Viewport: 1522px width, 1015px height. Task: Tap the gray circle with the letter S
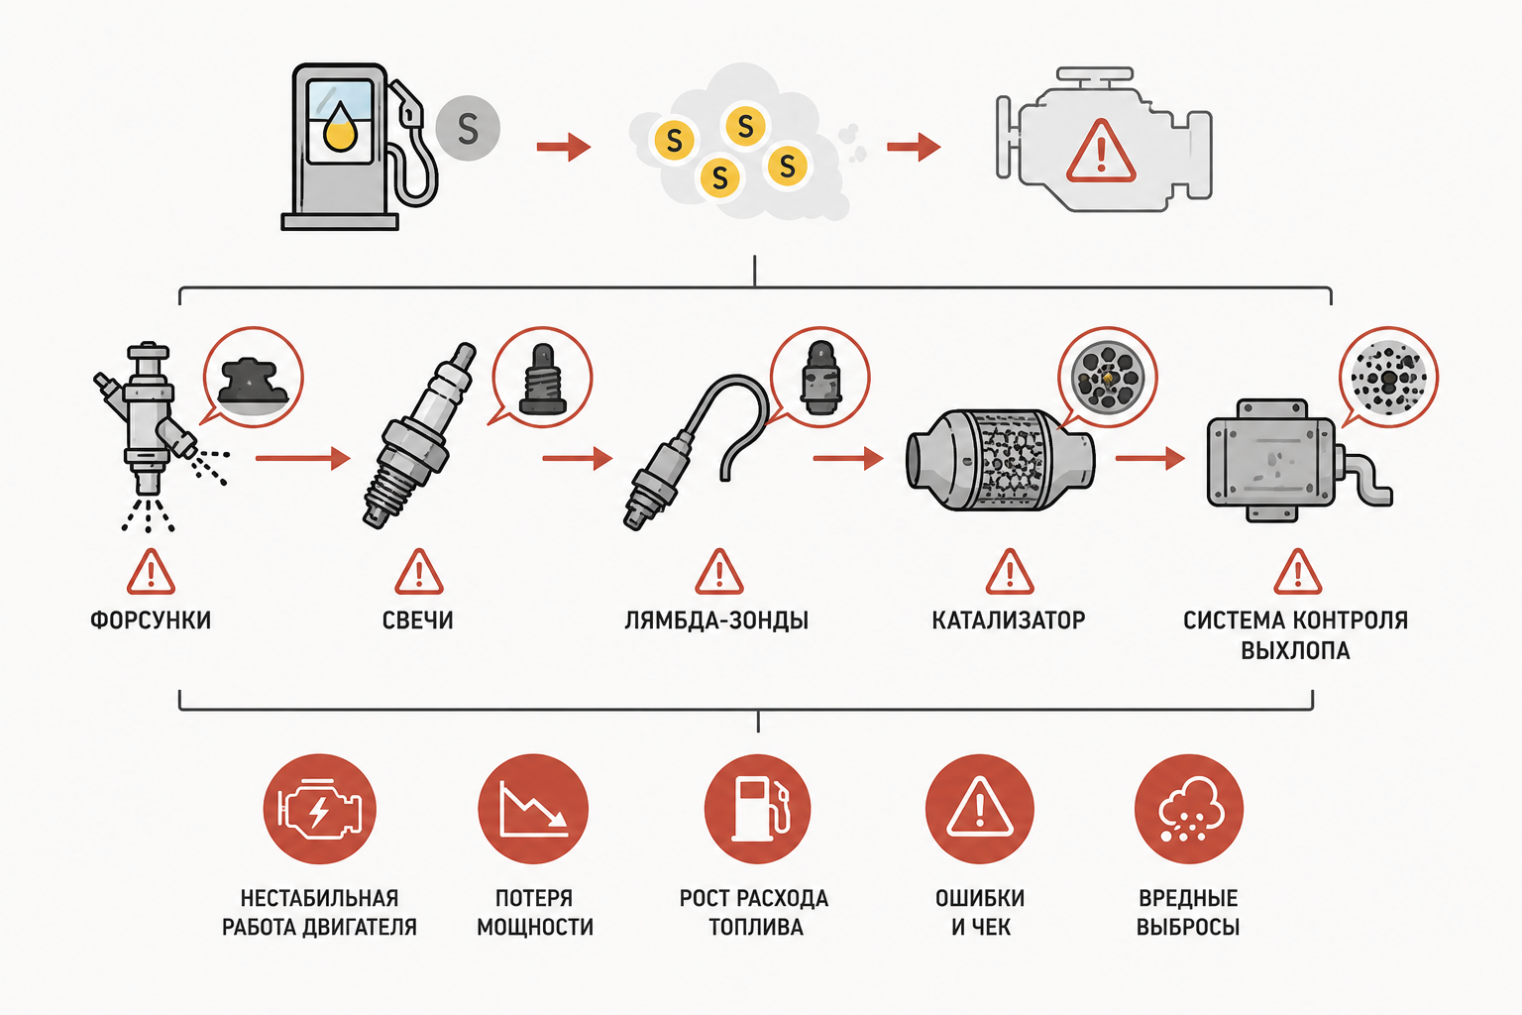(x=468, y=128)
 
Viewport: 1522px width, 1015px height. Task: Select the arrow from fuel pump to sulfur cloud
(x=563, y=147)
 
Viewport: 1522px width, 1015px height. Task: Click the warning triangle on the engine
(x=1101, y=152)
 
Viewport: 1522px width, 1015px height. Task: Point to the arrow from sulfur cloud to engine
(x=914, y=147)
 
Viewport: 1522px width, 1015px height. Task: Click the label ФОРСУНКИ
(x=151, y=620)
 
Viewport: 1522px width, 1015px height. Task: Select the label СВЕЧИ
(x=418, y=620)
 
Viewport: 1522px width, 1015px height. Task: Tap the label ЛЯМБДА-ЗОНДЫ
(x=716, y=620)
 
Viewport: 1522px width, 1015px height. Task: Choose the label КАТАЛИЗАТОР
(x=1009, y=620)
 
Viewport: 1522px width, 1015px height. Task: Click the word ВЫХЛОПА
(x=1296, y=650)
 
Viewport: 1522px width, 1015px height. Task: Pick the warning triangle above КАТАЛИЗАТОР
(x=1010, y=572)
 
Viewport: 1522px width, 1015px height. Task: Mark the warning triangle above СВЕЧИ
(x=419, y=572)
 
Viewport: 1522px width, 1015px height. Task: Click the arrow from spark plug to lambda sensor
(x=578, y=458)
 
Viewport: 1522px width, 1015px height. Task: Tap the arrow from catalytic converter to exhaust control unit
(x=1150, y=458)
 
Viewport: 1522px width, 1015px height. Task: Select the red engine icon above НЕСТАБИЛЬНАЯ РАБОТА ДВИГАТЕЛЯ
(x=319, y=809)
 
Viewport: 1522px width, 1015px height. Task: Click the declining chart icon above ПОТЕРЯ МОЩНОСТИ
(x=533, y=809)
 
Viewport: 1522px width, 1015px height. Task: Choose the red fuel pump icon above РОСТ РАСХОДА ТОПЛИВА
(x=758, y=809)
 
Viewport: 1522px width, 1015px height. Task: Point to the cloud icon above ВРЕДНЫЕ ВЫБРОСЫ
(x=1189, y=809)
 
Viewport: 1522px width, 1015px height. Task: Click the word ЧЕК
(x=990, y=927)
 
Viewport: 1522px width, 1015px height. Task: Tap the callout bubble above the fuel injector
(x=253, y=378)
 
